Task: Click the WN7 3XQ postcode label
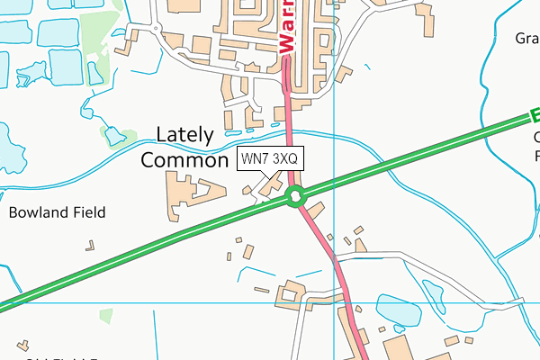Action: pyautogui.click(x=273, y=158)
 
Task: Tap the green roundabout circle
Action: pyautogui.click(x=294, y=195)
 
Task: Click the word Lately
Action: pyautogui.click(x=185, y=136)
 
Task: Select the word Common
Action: pyautogui.click(x=185, y=161)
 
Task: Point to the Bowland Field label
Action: pyautogui.click(x=58, y=213)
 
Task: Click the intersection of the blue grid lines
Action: pyautogui.click(x=334, y=302)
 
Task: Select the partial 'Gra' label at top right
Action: pyautogui.click(x=526, y=39)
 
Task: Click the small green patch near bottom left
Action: pyautogui.click(x=106, y=316)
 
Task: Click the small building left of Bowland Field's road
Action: pyautogui.click(x=89, y=244)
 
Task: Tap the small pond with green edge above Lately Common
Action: pyautogui.click(x=114, y=136)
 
